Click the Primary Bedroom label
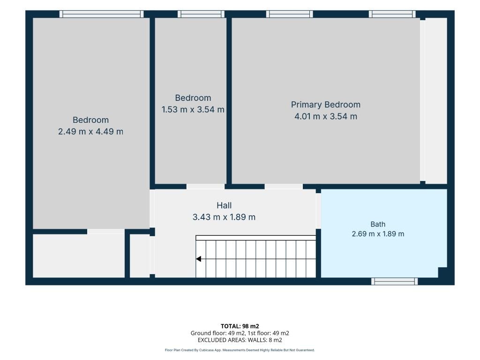325,105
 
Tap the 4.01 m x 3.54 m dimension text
326,116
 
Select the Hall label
224,205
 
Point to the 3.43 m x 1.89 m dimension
224,217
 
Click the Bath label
378,225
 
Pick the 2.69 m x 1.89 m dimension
378,234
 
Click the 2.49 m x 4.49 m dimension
90,132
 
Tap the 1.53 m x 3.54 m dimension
193,110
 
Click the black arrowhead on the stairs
198,259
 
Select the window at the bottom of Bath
394,281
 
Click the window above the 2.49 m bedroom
101,14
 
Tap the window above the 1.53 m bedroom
201,14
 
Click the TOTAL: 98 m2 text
240,326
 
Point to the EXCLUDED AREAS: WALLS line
240,340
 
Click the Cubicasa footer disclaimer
240,350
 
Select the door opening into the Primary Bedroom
284,187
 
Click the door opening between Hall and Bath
318,211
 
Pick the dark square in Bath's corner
442,272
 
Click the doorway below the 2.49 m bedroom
106,232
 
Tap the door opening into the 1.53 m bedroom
205,187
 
